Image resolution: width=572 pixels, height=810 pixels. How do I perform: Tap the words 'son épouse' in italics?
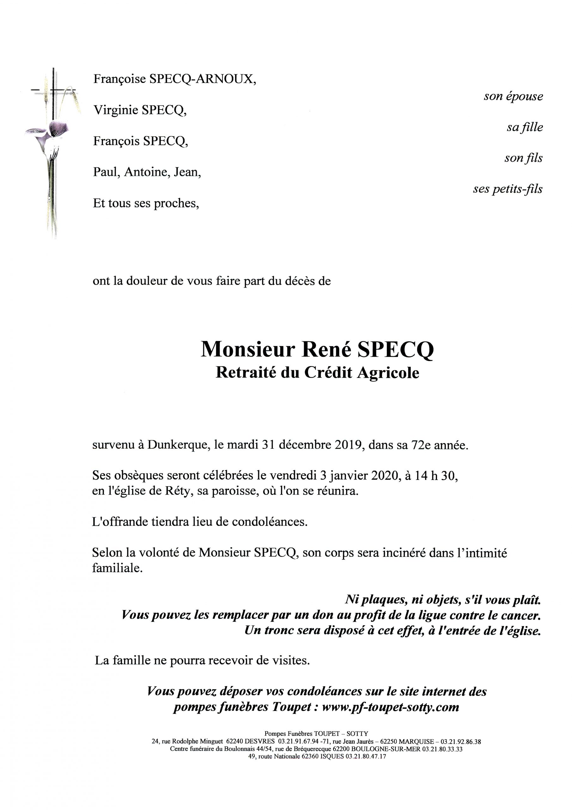(x=513, y=96)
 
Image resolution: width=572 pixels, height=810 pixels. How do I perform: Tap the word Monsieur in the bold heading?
(x=247, y=349)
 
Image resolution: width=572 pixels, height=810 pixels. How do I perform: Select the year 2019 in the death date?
(x=349, y=445)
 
